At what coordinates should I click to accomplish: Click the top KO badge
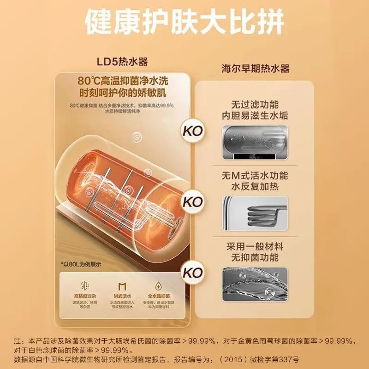pos(193,131)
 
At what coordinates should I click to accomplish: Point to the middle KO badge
pos(193,202)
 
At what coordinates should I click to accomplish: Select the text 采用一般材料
pos(255,247)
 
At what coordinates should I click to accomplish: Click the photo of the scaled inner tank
pos(255,141)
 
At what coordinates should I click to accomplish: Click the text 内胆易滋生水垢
pos(255,115)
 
